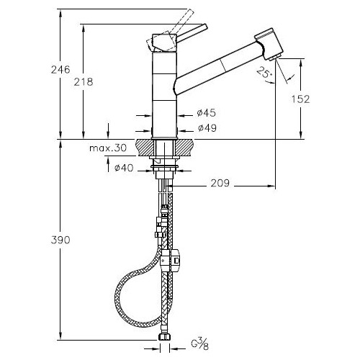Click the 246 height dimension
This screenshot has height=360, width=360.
point(60,70)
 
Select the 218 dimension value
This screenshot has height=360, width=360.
point(84,82)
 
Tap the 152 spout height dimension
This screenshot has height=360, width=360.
point(301,99)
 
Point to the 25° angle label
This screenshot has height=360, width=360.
point(264,72)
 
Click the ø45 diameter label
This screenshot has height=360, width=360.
point(207,112)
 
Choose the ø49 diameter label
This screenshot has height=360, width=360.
point(207,128)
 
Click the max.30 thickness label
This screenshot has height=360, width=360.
point(108,148)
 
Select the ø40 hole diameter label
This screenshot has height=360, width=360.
point(124,168)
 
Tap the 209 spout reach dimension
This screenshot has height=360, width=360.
point(220,183)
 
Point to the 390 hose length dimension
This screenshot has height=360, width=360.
point(60,240)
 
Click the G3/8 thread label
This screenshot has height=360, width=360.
point(200,345)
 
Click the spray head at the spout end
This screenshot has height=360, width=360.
point(269,44)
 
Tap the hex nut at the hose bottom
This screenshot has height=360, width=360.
point(164,337)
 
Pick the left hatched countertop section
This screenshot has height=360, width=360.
point(145,148)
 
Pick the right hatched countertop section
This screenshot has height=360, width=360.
point(184,148)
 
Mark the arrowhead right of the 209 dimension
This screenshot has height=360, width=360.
point(271,186)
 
